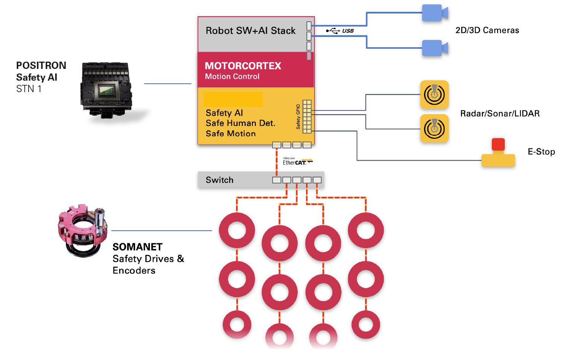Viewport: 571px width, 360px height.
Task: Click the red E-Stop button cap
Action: (498, 145)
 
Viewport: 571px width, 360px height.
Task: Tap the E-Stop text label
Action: (541, 151)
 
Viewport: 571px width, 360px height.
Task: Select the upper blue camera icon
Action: (435, 13)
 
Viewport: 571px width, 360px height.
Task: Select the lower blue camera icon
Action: (435, 48)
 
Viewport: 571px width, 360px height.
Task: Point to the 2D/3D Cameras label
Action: (487, 30)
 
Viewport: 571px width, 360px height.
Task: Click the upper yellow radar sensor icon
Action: (434, 94)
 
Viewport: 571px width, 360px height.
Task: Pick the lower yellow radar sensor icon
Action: (434, 128)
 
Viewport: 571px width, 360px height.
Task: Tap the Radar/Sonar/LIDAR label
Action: (500, 113)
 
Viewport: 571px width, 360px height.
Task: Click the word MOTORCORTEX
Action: (243, 66)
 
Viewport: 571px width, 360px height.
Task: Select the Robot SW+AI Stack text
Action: (250, 30)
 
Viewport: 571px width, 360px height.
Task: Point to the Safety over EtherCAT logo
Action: (297, 161)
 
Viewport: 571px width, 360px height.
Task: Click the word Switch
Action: (220, 180)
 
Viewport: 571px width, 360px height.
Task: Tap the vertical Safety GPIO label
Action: (298, 117)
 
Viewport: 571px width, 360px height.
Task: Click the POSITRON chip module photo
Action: (107, 90)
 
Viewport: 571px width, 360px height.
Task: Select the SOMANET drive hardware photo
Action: (83, 231)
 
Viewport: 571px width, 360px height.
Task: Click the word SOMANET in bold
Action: (137, 247)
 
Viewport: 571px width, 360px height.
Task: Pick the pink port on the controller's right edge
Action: (309, 56)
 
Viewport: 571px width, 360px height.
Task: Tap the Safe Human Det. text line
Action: (240, 123)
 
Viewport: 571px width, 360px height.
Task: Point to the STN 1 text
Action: (29, 89)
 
